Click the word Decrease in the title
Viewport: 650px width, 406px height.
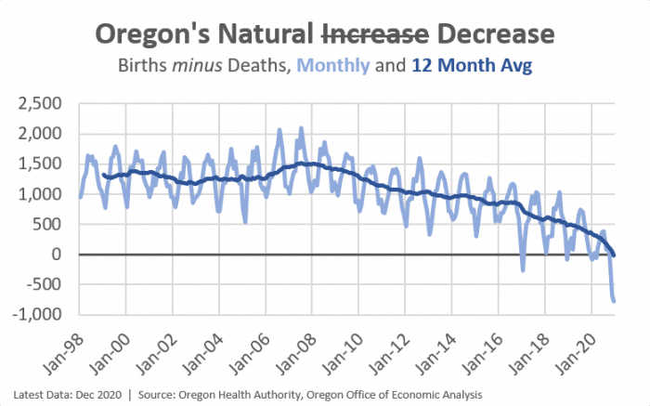coord(493,34)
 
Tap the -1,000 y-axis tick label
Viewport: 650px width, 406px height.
coord(41,315)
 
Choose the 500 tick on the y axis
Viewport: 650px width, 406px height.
coord(51,224)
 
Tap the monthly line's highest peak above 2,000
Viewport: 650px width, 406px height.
coord(301,128)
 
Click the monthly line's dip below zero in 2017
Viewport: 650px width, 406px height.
coord(523,270)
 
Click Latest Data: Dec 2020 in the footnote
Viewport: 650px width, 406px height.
coord(65,395)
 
